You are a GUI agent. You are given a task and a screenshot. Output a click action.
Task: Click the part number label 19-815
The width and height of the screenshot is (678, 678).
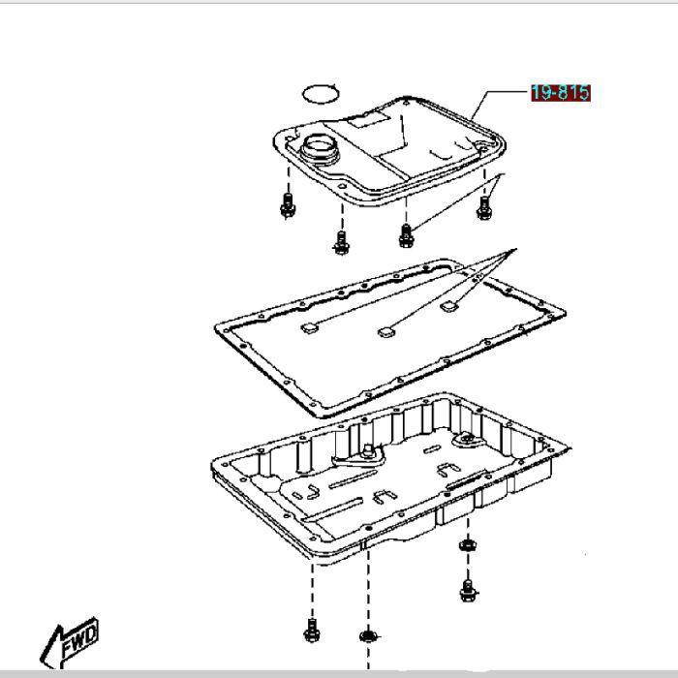(561, 93)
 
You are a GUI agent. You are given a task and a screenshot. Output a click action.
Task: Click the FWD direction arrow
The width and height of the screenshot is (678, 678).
(70, 643)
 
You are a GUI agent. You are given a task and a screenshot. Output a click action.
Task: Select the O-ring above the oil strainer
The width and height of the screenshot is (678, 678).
(321, 94)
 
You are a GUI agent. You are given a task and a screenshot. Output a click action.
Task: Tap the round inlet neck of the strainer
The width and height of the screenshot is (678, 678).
(320, 148)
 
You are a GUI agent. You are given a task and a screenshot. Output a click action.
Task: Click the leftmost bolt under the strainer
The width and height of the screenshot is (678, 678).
(288, 205)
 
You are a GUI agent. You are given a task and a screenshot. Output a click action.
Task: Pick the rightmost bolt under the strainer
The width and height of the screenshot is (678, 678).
(484, 208)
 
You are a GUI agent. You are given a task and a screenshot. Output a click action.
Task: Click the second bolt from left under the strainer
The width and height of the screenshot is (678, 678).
(341, 242)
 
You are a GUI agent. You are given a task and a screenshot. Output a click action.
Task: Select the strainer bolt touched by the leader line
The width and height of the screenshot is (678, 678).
(406, 235)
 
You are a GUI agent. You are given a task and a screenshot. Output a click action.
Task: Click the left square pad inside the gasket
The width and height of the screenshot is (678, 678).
(310, 328)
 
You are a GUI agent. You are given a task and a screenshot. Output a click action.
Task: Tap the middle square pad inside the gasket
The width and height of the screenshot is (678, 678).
(386, 332)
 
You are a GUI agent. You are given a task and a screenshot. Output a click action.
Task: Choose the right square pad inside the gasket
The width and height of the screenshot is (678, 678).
(448, 306)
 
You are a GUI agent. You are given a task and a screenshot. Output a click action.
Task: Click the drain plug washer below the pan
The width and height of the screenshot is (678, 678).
(468, 545)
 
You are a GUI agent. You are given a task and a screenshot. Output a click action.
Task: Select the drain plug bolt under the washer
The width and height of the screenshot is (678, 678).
(468, 591)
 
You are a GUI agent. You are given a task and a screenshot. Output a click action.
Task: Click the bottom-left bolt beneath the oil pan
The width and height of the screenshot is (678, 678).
(312, 631)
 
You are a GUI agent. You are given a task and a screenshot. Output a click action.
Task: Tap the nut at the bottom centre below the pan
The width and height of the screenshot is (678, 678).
(368, 636)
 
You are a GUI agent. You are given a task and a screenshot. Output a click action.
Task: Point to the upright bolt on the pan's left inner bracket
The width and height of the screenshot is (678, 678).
(368, 450)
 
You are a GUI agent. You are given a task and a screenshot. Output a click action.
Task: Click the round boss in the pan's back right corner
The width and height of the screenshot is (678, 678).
(468, 440)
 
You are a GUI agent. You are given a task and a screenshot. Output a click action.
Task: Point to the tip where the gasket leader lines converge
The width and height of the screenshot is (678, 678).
(516, 249)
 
